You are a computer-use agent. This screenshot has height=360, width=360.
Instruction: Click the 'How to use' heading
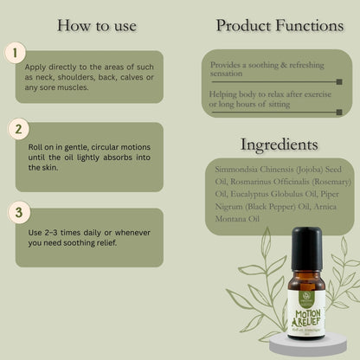tap(96, 25)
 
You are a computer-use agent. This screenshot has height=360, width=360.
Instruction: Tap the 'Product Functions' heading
tap(279, 25)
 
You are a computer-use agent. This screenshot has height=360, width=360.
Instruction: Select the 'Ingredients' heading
tap(279, 144)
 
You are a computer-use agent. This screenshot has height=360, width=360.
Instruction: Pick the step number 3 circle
tap(15, 211)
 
